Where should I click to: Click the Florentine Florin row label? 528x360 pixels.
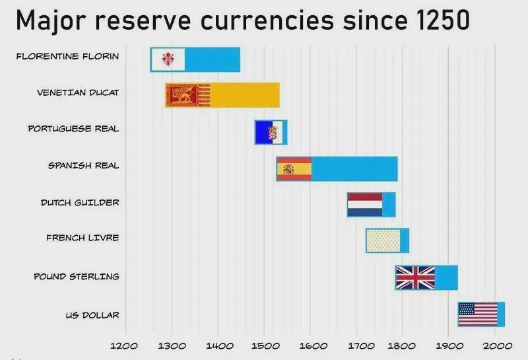(x=68, y=56)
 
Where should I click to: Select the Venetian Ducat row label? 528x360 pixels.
(x=78, y=92)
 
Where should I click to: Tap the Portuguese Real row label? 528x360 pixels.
(x=73, y=129)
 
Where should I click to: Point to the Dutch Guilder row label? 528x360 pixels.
(x=80, y=202)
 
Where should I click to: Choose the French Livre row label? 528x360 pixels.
(x=82, y=238)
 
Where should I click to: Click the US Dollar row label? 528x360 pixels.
(x=92, y=315)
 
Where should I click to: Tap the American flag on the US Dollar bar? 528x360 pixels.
(x=478, y=314)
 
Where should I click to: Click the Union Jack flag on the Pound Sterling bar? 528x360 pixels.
(x=415, y=277)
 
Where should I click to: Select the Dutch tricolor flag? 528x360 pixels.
(x=365, y=205)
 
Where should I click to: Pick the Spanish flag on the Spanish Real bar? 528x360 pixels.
(x=294, y=169)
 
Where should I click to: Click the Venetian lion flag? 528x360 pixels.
(x=188, y=96)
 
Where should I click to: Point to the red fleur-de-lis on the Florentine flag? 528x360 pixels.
(x=166, y=59)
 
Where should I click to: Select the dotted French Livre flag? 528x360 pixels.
(x=383, y=240)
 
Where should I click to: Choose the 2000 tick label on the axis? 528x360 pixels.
(x=495, y=345)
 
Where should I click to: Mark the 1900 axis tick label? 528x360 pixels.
(x=449, y=345)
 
